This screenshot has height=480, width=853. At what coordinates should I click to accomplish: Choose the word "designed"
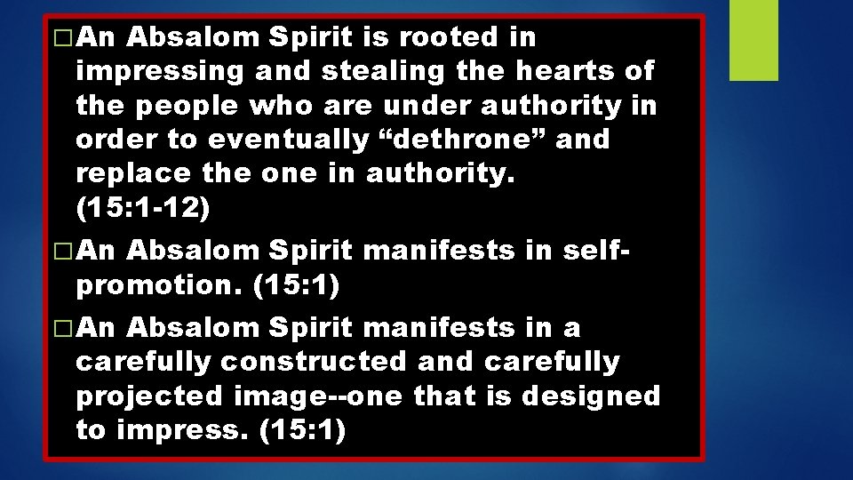[x=591, y=396]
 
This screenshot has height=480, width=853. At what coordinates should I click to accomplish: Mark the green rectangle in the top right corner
[x=753, y=40]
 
